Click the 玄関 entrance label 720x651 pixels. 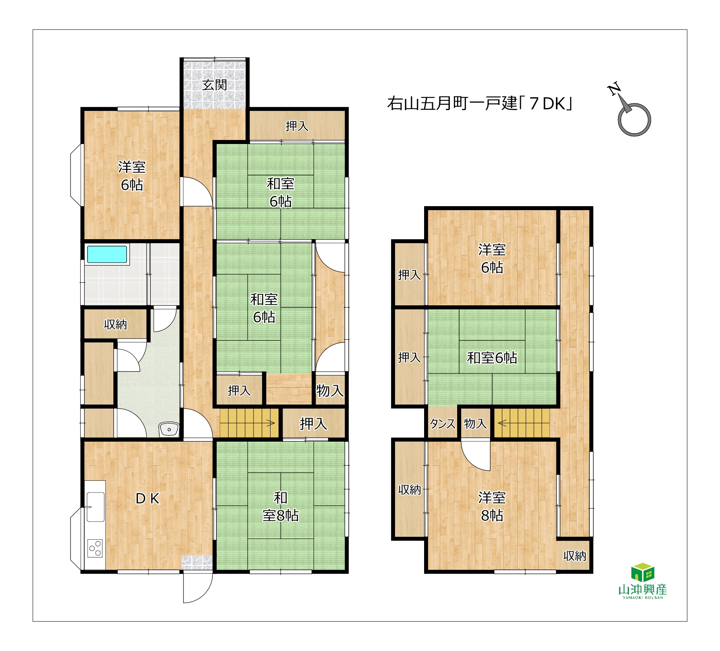(x=214, y=85)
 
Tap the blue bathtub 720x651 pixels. (x=107, y=255)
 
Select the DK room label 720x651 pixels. (x=148, y=499)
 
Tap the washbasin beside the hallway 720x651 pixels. (x=169, y=429)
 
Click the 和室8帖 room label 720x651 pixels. (x=281, y=507)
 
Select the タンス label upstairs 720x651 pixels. (x=443, y=424)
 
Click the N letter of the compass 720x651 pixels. (x=614, y=89)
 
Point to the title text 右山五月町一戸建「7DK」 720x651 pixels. (x=480, y=104)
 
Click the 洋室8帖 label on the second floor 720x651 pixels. (x=492, y=507)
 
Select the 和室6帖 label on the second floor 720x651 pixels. (x=492, y=358)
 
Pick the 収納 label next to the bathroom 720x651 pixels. (x=115, y=324)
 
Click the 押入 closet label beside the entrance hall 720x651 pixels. (x=297, y=126)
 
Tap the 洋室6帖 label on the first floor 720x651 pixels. (x=132, y=176)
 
